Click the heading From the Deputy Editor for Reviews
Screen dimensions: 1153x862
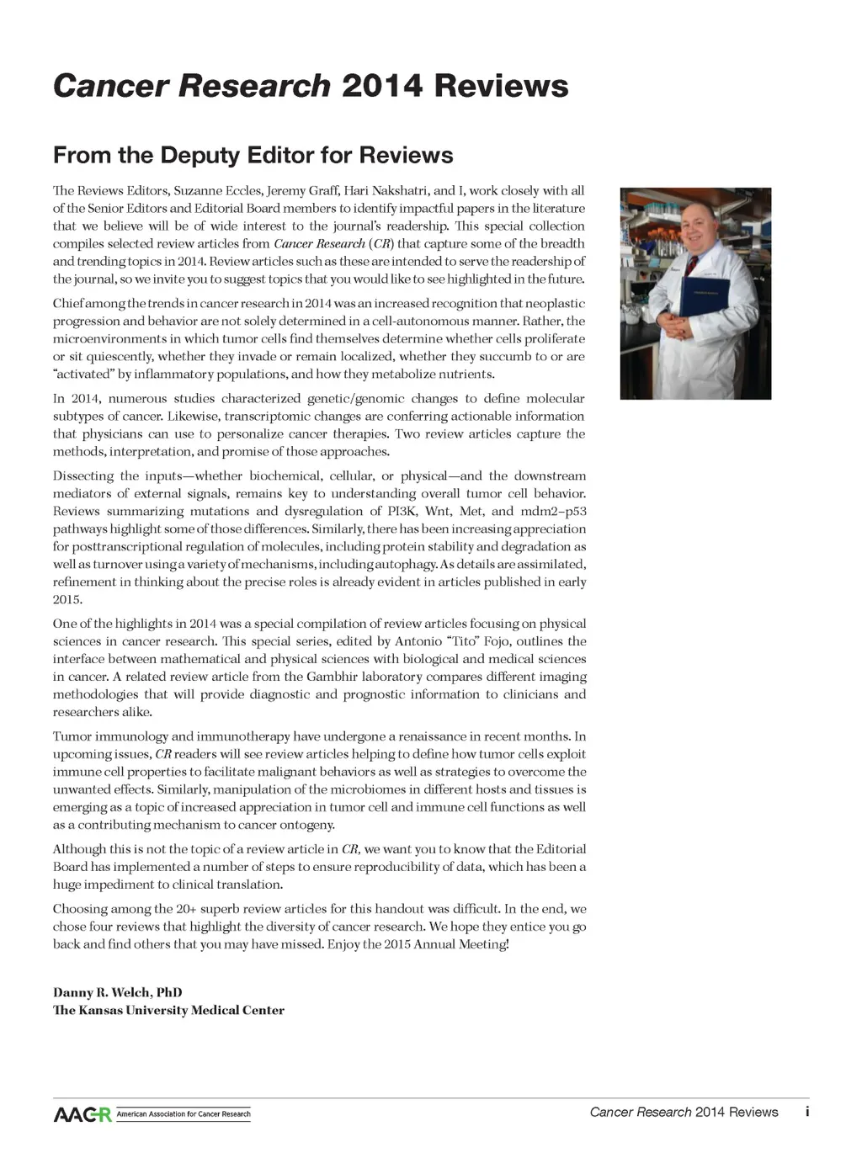pyautogui.click(x=253, y=156)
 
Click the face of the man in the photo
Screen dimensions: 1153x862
pyautogui.click(x=695, y=231)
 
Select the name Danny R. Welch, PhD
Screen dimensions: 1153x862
pyautogui.click(x=117, y=992)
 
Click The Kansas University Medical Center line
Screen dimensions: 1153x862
pyautogui.click(x=168, y=1010)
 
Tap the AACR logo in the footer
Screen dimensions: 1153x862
pyautogui.click(x=82, y=1114)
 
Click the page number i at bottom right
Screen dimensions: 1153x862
pyautogui.click(x=806, y=1112)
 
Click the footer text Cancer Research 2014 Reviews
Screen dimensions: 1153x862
pyautogui.click(x=684, y=1112)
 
